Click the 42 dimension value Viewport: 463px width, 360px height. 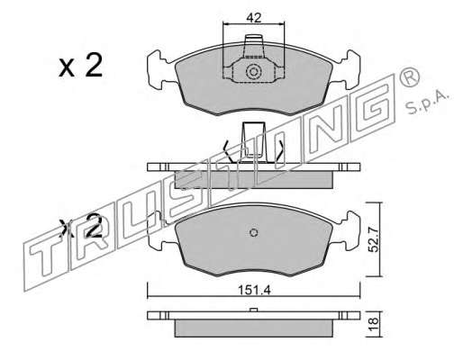(253, 18)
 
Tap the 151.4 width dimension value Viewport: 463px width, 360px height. (254, 290)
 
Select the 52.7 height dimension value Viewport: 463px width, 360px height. (374, 239)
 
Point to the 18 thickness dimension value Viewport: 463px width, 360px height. (374, 324)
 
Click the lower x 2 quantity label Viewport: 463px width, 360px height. (81, 227)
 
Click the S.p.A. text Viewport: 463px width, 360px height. (428, 103)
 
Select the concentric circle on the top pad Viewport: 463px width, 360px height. (253, 72)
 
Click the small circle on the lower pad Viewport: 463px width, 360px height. (254, 232)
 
